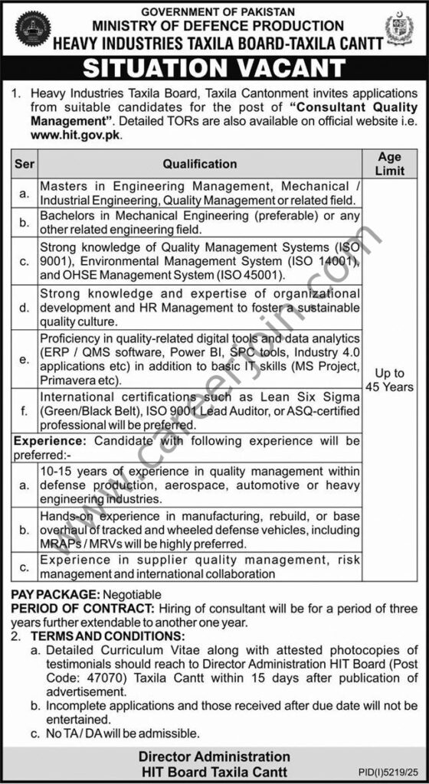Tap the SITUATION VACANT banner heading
pyautogui.click(x=214, y=68)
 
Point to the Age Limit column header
pyautogui.click(x=389, y=163)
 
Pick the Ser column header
pyautogui.click(x=24, y=163)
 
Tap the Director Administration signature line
pyautogui.click(x=214, y=756)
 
